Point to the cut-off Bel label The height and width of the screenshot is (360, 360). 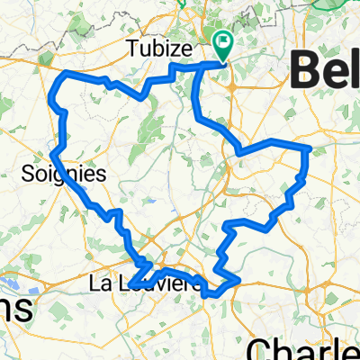tap(325, 68)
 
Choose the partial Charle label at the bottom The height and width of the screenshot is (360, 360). tap(302, 346)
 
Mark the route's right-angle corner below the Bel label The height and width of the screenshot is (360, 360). tap(308, 147)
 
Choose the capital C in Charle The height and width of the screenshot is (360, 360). tap(262, 346)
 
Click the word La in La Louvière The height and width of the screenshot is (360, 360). tap(100, 283)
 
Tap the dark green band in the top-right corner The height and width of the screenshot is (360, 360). tap(346, 5)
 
